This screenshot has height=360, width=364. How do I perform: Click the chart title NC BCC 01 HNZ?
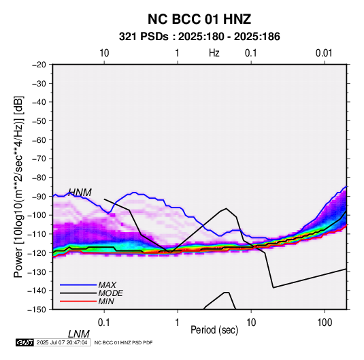[199, 19]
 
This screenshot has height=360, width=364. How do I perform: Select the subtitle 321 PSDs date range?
[199, 37]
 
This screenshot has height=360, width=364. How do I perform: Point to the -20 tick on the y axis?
[39, 65]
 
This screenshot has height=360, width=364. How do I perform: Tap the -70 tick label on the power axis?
[39, 159]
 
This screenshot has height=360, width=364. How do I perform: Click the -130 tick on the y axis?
[37, 272]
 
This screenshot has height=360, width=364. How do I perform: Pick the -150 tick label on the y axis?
[37, 310]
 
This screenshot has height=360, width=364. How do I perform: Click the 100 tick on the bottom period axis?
[325, 323]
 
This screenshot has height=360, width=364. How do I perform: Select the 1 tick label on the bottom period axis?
[178, 323]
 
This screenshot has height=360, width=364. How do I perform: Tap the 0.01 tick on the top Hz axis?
[324, 53]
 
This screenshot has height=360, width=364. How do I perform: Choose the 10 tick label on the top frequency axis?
[104, 53]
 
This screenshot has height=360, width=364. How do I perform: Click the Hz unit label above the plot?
[214, 53]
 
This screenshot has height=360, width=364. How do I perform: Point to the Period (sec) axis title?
[214, 330]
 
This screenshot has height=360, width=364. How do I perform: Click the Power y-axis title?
[18, 186]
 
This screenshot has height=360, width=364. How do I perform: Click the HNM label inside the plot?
[80, 193]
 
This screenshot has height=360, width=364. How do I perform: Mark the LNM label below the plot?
[79, 334]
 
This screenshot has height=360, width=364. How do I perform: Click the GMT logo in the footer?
[25, 342]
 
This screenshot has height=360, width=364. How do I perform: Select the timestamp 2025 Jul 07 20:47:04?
[62, 342]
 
